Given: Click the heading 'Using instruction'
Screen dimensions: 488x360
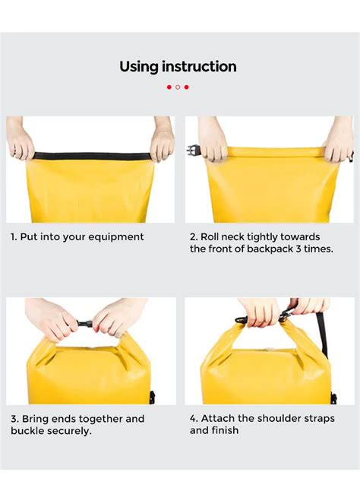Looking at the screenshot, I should tap(178, 67).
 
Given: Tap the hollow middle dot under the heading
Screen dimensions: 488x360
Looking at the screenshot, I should tap(178, 87).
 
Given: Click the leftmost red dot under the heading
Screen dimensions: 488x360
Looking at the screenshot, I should tap(169, 87).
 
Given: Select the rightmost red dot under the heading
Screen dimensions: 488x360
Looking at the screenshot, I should tap(187, 87).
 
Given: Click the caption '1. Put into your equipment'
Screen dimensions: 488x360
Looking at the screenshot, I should tap(77, 237).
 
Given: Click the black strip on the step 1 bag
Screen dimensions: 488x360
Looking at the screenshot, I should tap(91, 157).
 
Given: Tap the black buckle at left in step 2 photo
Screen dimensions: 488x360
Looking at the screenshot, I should tap(192, 151).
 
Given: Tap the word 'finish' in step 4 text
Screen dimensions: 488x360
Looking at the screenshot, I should tap(225, 431).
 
